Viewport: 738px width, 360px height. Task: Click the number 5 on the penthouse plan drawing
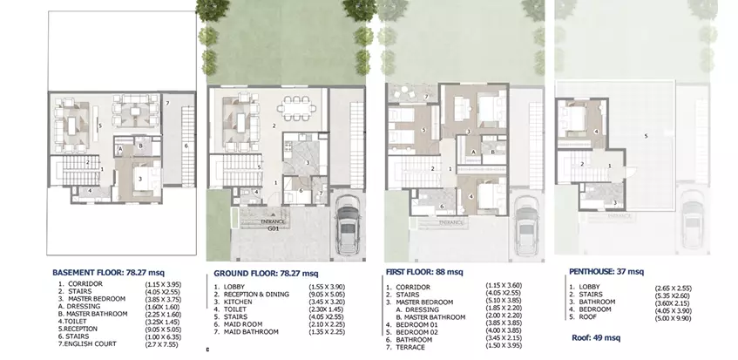click(646, 136)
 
